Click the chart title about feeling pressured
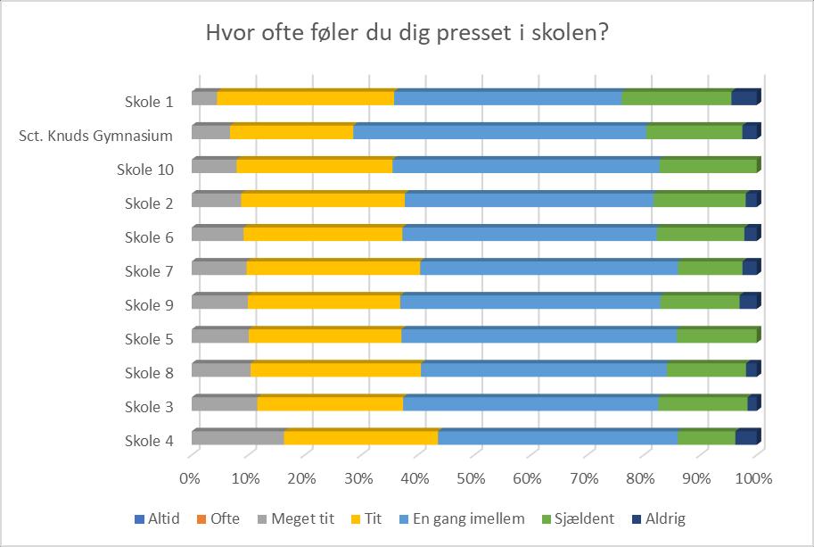click(407, 33)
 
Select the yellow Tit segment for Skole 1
click(305, 97)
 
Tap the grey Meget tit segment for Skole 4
click(238, 437)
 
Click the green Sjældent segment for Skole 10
click(708, 165)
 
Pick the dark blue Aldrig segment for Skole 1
click(746, 97)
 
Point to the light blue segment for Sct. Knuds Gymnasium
click(499, 131)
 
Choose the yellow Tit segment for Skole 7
click(333, 267)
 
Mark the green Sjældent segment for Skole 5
click(717, 335)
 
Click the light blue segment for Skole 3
click(530, 403)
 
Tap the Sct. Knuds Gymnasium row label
click(95, 136)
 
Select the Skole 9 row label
click(149, 305)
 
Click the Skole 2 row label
click(149, 203)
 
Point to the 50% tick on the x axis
click(471, 478)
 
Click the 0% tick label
click(190, 478)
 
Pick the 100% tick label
click(753, 478)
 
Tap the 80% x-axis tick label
click(640, 478)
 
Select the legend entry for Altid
click(157, 518)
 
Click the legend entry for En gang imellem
click(462, 518)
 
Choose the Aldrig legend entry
click(659, 518)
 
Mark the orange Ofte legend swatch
click(201, 519)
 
